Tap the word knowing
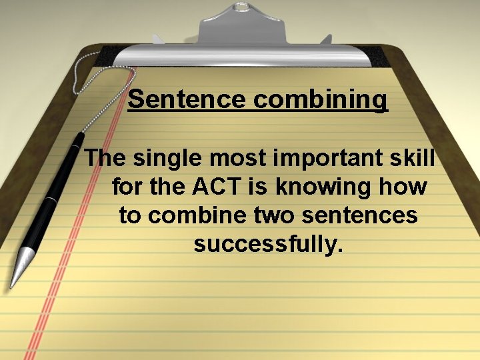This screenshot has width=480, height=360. pos(329,187)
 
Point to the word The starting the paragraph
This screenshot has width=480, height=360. pos(106,159)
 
